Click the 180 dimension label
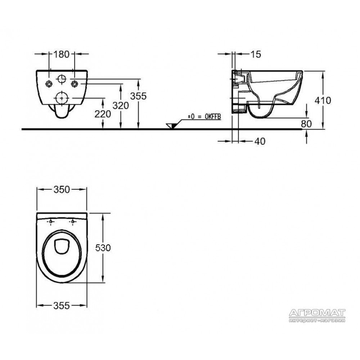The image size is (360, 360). click(x=61, y=54)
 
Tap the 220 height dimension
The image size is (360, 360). click(x=103, y=114)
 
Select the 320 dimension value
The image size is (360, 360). click(x=121, y=105)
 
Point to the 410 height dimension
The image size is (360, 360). click(x=323, y=100)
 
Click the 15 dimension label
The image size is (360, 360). click(x=256, y=54)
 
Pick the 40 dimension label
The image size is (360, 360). click(x=260, y=141)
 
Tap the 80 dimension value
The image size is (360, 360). click(x=306, y=124)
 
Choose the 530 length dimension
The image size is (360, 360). click(x=103, y=248)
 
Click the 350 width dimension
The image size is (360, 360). click(x=62, y=190)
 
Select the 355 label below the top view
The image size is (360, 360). click(x=62, y=306)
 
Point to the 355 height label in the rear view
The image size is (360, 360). click(x=138, y=96)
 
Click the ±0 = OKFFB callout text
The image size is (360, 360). click(x=204, y=117)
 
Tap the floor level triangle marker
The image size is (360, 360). click(x=171, y=126)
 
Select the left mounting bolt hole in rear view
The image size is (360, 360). click(x=49, y=84)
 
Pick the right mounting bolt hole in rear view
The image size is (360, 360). click(x=74, y=84)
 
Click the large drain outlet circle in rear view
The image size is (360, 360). click(x=62, y=98)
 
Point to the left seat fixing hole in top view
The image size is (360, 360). click(x=51, y=221)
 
